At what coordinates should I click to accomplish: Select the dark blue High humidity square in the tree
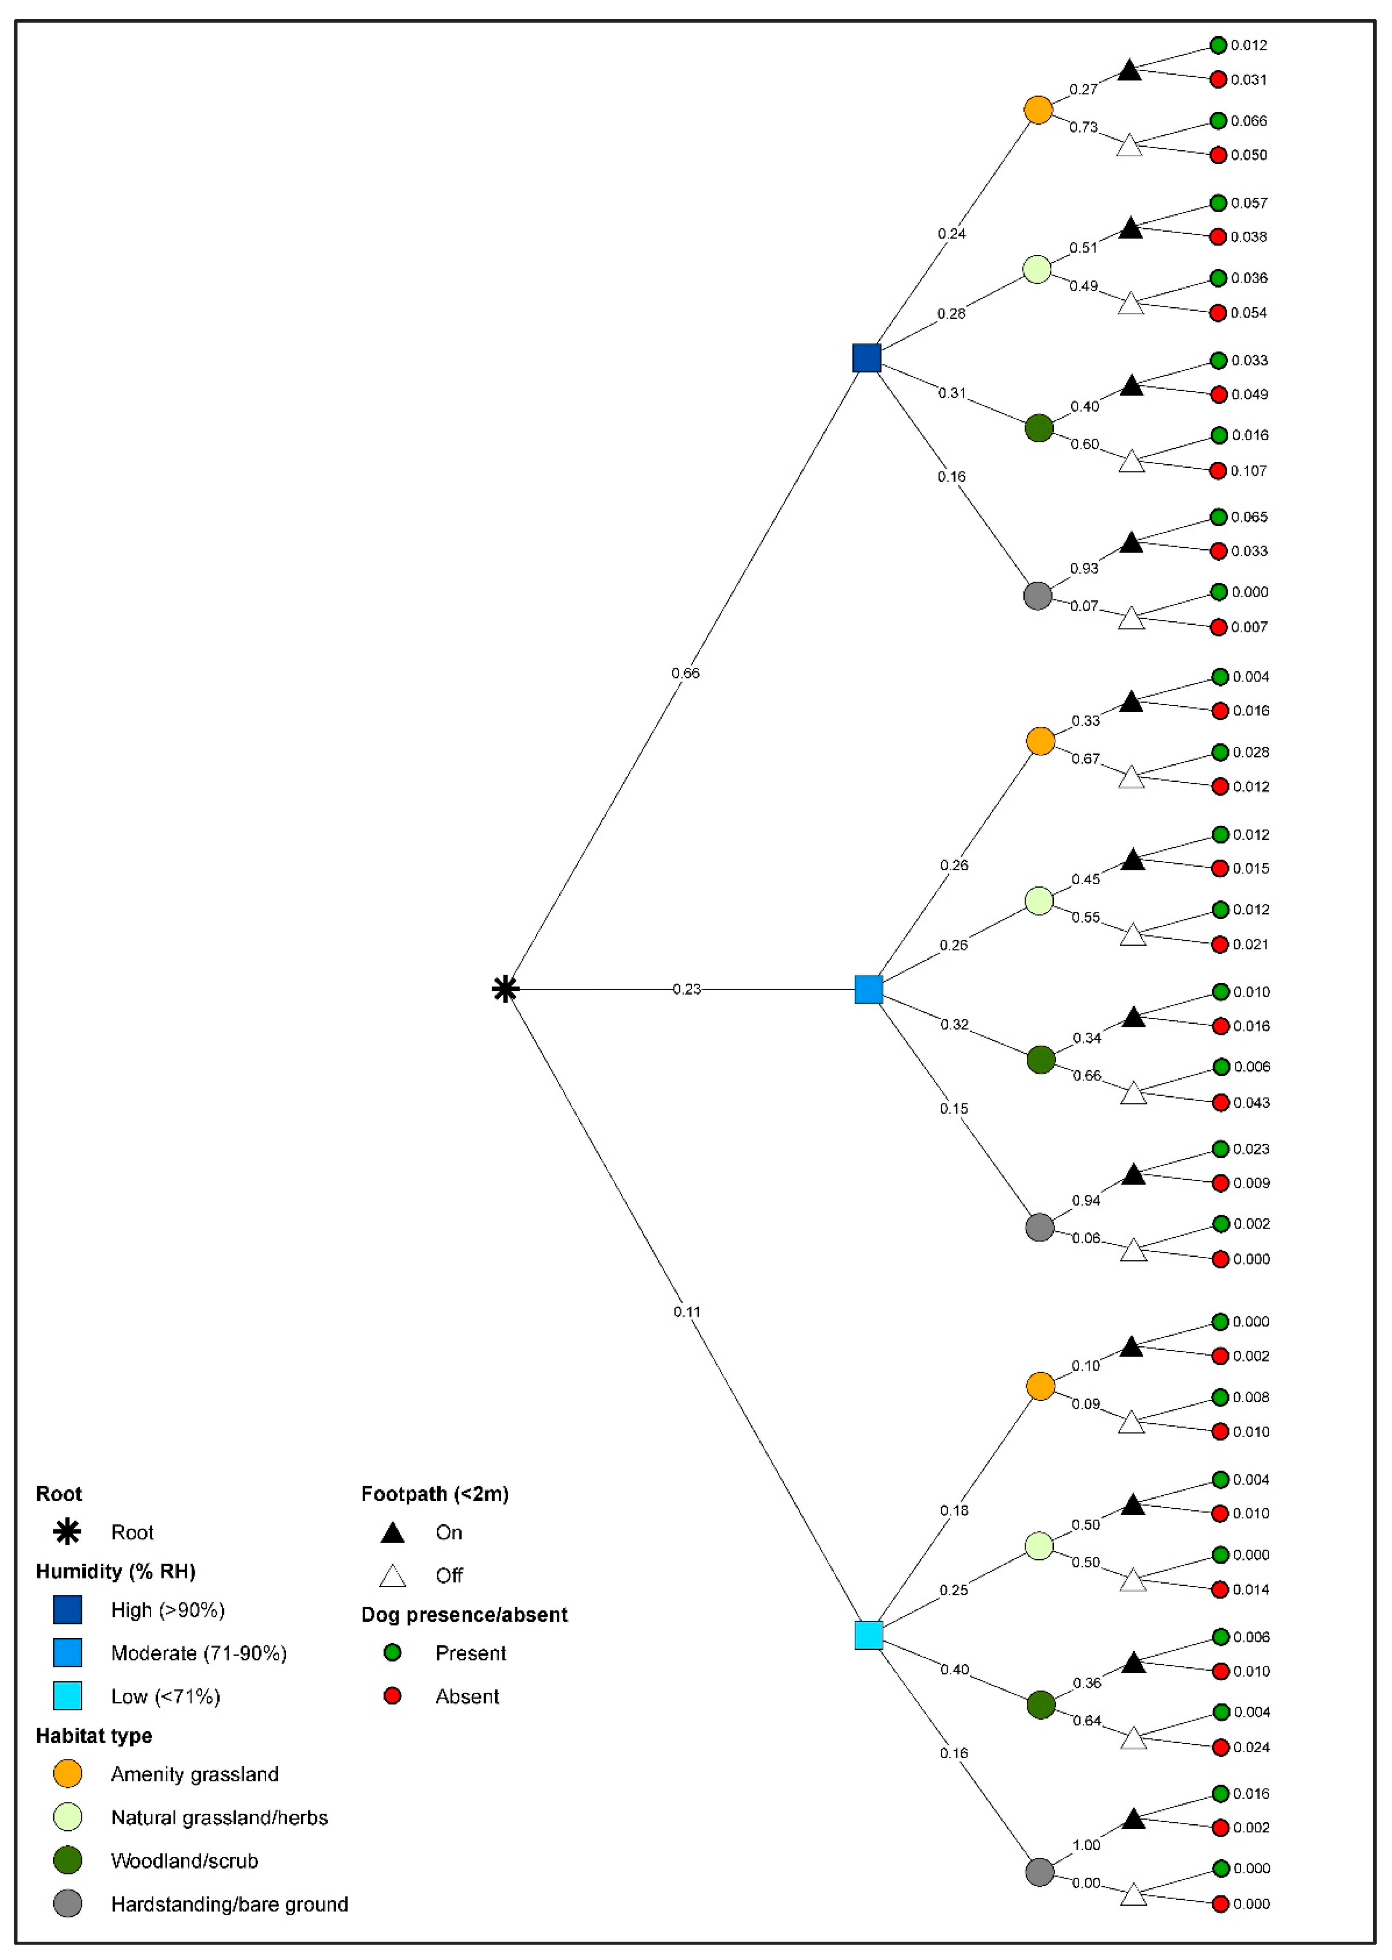[866, 358]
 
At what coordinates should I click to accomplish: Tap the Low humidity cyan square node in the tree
[868, 1635]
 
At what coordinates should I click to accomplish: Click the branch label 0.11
[686, 1312]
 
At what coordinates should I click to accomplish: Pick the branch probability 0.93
[1084, 568]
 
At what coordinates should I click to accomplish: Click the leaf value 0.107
[1249, 471]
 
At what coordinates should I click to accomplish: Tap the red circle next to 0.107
[1218, 471]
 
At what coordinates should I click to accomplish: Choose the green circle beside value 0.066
[1218, 121]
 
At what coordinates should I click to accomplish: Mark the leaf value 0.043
[1251, 1103]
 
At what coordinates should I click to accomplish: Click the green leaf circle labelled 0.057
[1218, 203]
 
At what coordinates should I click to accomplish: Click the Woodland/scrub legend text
[184, 1861]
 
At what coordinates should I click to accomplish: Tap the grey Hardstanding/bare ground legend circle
[68, 1903]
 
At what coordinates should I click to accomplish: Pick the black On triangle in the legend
[392, 1533]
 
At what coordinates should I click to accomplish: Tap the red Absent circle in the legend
[392, 1696]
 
